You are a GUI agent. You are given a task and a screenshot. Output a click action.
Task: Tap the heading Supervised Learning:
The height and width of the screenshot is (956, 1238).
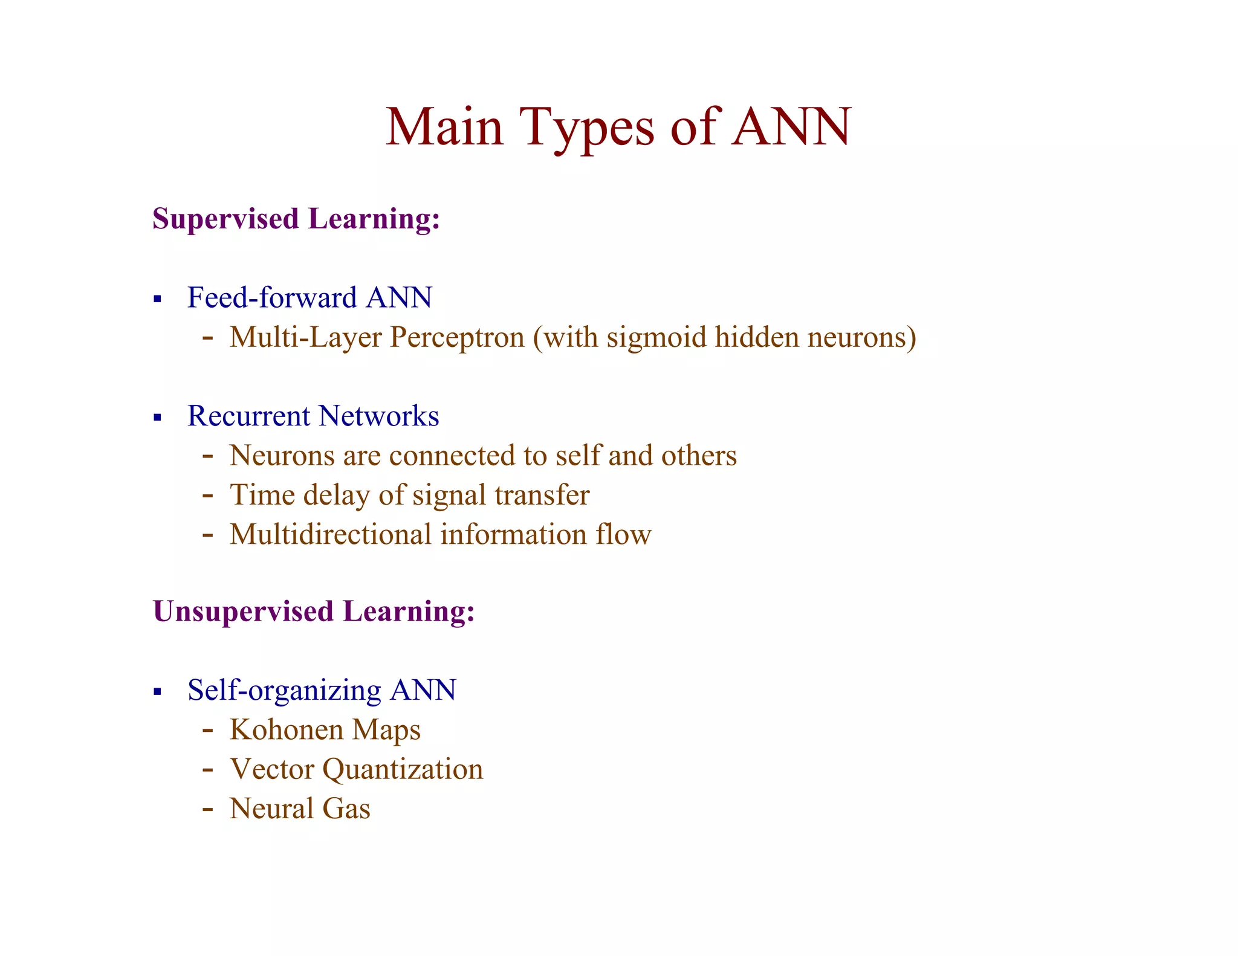tap(296, 219)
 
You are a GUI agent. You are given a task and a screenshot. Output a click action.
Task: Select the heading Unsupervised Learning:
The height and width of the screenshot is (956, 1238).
tap(314, 612)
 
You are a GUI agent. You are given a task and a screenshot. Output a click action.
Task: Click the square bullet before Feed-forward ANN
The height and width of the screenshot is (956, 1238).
tap(158, 299)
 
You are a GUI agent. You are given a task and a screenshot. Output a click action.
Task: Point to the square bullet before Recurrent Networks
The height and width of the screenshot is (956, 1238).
tap(158, 417)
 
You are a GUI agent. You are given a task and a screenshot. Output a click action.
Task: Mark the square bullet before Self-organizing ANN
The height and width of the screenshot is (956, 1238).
tap(158, 691)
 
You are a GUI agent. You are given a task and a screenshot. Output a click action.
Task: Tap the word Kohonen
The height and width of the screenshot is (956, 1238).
tap(287, 729)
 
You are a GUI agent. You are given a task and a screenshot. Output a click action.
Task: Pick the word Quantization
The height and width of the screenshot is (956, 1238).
tap(403, 769)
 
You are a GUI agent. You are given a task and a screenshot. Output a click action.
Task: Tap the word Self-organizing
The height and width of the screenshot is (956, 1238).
tap(284, 690)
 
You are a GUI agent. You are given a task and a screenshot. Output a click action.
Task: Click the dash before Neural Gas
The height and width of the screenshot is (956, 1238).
tap(208, 809)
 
